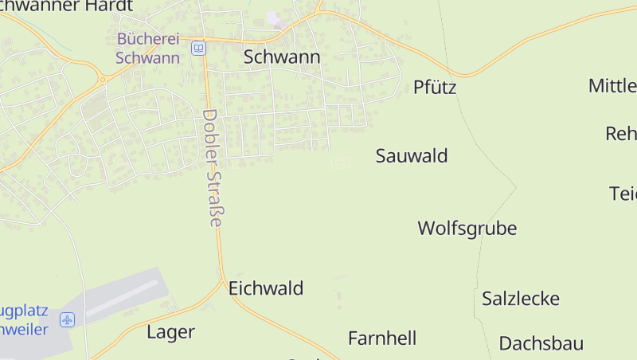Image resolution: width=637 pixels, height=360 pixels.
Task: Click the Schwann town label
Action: (282, 57)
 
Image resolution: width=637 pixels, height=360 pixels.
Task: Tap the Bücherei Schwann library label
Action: (147, 48)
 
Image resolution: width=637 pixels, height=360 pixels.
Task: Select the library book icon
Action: (197, 49)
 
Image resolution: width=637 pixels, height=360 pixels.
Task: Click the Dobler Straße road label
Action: (212, 167)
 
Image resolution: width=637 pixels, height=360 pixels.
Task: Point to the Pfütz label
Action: (435, 88)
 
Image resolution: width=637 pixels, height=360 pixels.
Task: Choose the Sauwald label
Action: (411, 156)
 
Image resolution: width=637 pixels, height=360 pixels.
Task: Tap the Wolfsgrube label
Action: (467, 229)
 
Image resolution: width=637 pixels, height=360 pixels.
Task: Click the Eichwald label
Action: (266, 288)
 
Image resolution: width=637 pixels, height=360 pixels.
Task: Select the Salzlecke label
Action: (520, 299)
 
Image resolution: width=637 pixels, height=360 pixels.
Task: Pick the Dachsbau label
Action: (541, 344)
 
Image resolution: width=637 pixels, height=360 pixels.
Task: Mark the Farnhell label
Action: (382, 338)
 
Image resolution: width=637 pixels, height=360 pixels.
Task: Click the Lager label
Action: (170, 332)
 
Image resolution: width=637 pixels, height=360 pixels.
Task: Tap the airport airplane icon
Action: (67, 320)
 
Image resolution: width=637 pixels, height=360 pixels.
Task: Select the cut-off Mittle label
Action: (612, 86)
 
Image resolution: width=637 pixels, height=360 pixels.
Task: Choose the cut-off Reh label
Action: (621, 134)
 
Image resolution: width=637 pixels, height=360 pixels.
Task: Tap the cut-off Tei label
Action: (623, 194)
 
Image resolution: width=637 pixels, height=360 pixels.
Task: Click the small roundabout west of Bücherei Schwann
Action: (102, 79)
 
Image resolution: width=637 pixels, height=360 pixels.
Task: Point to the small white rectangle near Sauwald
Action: (340, 162)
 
